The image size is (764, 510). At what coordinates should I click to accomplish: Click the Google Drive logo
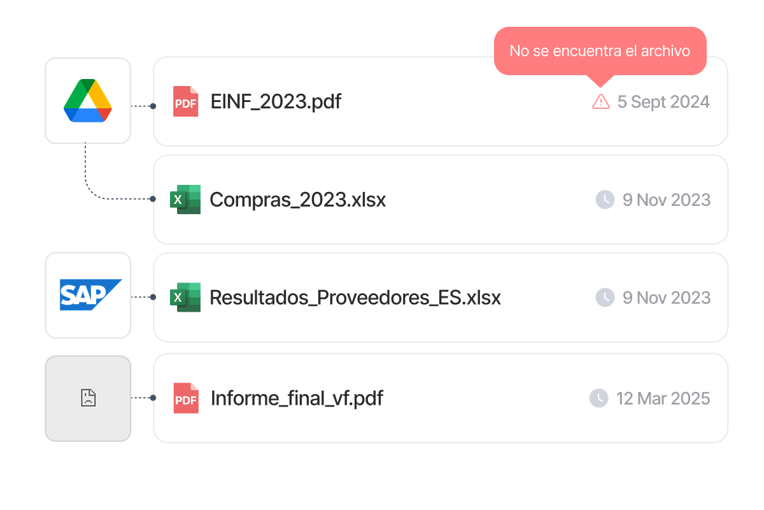click(88, 101)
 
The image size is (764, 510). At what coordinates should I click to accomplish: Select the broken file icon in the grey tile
click(88, 398)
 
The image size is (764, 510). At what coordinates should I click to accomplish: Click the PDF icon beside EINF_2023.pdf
click(186, 101)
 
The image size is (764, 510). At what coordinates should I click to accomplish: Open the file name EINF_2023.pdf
click(276, 101)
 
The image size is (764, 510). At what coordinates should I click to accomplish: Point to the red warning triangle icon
click(600, 101)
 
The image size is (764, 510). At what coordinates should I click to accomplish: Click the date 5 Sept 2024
click(663, 102)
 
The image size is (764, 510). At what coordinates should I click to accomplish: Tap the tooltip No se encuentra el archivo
click(600, 51)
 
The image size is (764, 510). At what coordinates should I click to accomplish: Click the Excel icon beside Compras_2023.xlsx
click(185, 200)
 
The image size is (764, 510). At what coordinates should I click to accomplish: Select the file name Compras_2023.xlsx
click(297, 200)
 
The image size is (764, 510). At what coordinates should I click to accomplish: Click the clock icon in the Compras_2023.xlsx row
click(604, 200)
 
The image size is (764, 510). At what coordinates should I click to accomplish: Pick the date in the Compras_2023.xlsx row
click(666, 200)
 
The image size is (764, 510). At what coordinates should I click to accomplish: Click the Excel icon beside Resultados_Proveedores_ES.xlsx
click(185, 297)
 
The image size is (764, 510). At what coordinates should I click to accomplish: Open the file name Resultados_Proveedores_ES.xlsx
click(355, 298)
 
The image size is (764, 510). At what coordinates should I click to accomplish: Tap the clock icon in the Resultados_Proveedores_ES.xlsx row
click(604, 297)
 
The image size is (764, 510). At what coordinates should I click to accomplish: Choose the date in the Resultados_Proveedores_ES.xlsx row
click(666, 298)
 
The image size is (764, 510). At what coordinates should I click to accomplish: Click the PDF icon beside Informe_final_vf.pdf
click(186, 398)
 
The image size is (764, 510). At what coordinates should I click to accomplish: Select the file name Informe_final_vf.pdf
click(297, 398)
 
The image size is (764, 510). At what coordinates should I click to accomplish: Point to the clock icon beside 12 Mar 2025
click(598, 398)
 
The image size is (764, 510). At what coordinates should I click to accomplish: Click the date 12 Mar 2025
click(663, 399)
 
